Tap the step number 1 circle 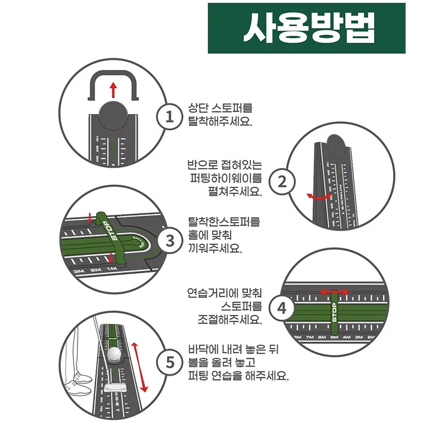[169, 116]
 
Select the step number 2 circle [283, 182]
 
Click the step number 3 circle [169, 241]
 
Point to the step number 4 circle [283, 308]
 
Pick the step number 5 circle [169, 363]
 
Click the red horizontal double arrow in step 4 [335, 291]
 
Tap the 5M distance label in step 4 [335, 337]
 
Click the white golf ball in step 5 [114, 354]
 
